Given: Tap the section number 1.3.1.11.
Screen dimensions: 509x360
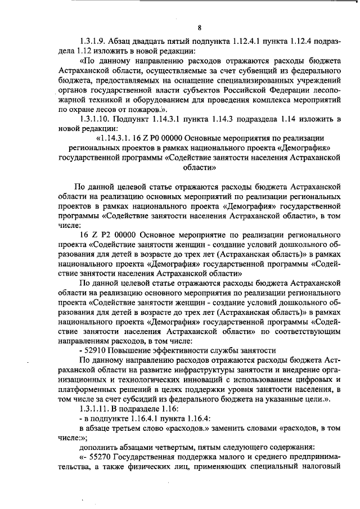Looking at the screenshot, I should (97, 409).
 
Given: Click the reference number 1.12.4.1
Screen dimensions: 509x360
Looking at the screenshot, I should (236, 42).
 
